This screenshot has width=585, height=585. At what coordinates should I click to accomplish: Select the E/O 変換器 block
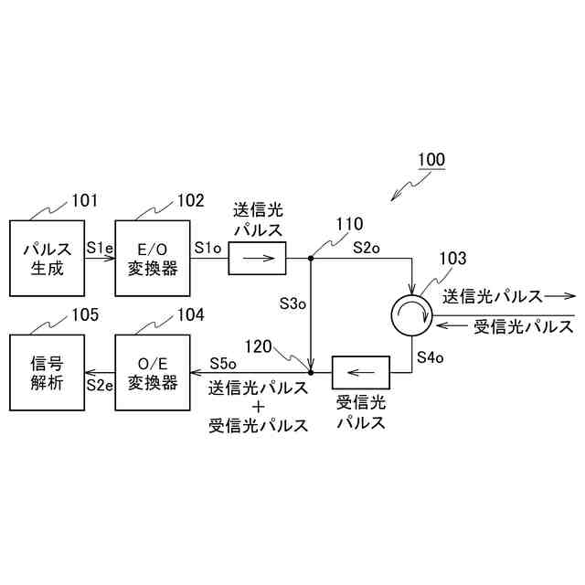[x=153, y=258]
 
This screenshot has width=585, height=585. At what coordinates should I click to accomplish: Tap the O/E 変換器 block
[x=153, y=372]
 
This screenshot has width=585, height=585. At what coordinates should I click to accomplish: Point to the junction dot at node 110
[x=311, y=259]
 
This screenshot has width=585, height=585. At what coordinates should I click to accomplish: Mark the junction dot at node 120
[x=311, y=372]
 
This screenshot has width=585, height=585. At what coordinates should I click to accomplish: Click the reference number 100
[x=431, y=160]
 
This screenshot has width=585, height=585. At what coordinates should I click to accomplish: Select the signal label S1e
[x=100, y=247]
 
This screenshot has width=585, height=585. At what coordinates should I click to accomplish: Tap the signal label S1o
[x=207, y=247]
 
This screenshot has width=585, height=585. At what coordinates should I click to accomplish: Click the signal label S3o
[x=292, y=303]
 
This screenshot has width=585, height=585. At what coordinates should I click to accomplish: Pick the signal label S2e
[x=100, y=384]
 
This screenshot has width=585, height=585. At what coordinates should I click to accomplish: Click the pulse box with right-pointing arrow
[x=257, y=259]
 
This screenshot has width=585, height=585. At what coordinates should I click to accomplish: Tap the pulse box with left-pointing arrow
[x=360, y=372]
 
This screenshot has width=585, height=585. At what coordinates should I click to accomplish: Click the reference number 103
[x=452, y=259]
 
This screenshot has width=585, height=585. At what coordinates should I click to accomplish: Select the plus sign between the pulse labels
[x=259, y=406]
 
